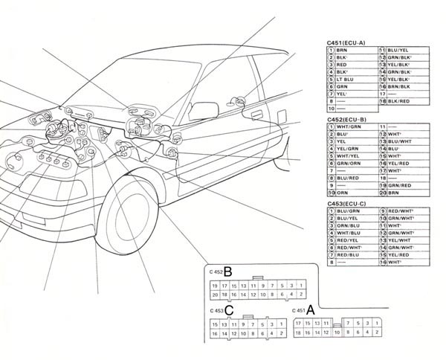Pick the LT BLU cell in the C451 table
coord(343,79)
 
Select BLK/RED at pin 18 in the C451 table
coord(398,100)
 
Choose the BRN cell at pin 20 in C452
coord(392,192)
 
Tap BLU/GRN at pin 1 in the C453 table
coord(346,211)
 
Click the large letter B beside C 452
coord(230,271)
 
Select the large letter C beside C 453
coord(230,310)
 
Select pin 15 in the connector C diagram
coord(215,324)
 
